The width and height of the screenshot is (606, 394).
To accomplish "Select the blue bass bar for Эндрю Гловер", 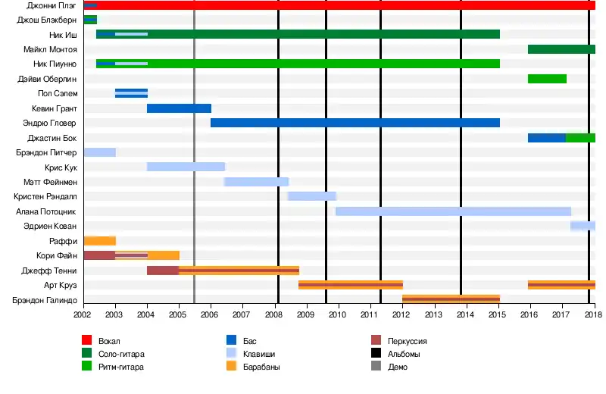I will (355, 123).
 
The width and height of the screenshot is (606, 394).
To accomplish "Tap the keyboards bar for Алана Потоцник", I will (453, 211).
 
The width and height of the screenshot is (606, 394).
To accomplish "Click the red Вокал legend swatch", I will (87, 341).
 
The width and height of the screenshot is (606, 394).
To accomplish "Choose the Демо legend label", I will (397, 367).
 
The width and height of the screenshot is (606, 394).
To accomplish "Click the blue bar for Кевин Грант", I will (179, 108).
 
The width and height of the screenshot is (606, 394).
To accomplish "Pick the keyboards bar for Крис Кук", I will (186, 167).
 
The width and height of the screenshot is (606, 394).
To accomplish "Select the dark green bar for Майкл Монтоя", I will (561, 49).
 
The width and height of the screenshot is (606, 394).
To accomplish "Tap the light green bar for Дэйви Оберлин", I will (547, 79).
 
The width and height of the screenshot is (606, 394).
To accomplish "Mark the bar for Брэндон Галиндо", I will (451, 299).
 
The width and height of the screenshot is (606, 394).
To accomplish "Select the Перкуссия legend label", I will (407, 341).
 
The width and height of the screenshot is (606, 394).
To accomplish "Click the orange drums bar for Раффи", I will (99, 241).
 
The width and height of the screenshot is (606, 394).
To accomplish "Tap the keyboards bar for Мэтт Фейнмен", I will (256, 182).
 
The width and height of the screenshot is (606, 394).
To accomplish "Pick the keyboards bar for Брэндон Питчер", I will (99, 152).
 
